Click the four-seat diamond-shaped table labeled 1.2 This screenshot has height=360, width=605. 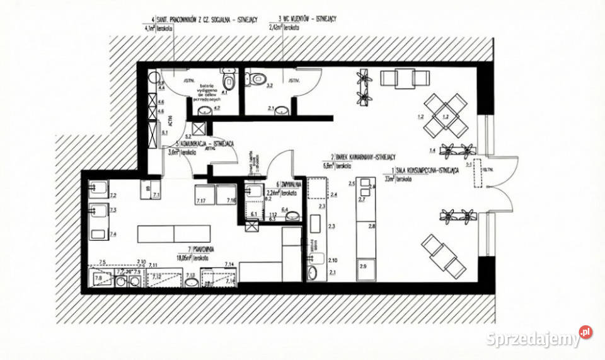pos(445,115)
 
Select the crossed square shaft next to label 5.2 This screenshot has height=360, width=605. pos(199,127)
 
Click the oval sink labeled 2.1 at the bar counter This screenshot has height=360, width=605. pos(313,273)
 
